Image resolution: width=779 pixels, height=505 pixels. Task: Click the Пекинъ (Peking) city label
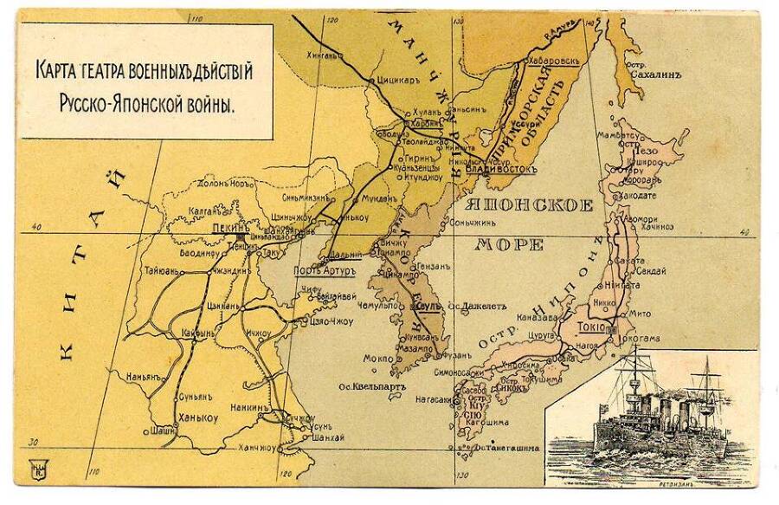pos(230,228)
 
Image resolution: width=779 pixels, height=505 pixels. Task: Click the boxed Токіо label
pos(586,328)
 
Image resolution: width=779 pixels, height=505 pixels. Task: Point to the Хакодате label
pos(638,196)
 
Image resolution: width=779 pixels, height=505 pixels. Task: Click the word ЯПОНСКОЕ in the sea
pos(529,206)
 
